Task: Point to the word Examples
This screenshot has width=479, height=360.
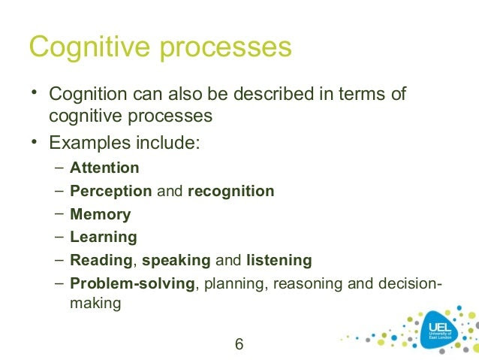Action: [x=90, y=143]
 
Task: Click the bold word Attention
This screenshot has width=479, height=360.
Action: [x=104, y=168]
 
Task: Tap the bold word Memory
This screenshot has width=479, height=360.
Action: [x=101, y=215]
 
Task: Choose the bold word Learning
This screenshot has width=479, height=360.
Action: [x=104, y=237]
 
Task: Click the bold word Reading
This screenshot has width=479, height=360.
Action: [x=101, y=261]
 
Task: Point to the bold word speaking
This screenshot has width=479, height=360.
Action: [x=176, y=261]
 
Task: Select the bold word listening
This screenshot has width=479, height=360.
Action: [x=279, y=261]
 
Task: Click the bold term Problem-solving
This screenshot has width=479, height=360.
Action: [x=132, y=284]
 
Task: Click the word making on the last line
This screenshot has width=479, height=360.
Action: [x=95, y=304]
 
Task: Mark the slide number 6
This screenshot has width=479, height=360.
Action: [x=239, y=344]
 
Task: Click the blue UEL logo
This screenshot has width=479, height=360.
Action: [x=440, y=331]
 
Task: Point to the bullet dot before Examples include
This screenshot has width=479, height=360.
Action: [x=35, y=142]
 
